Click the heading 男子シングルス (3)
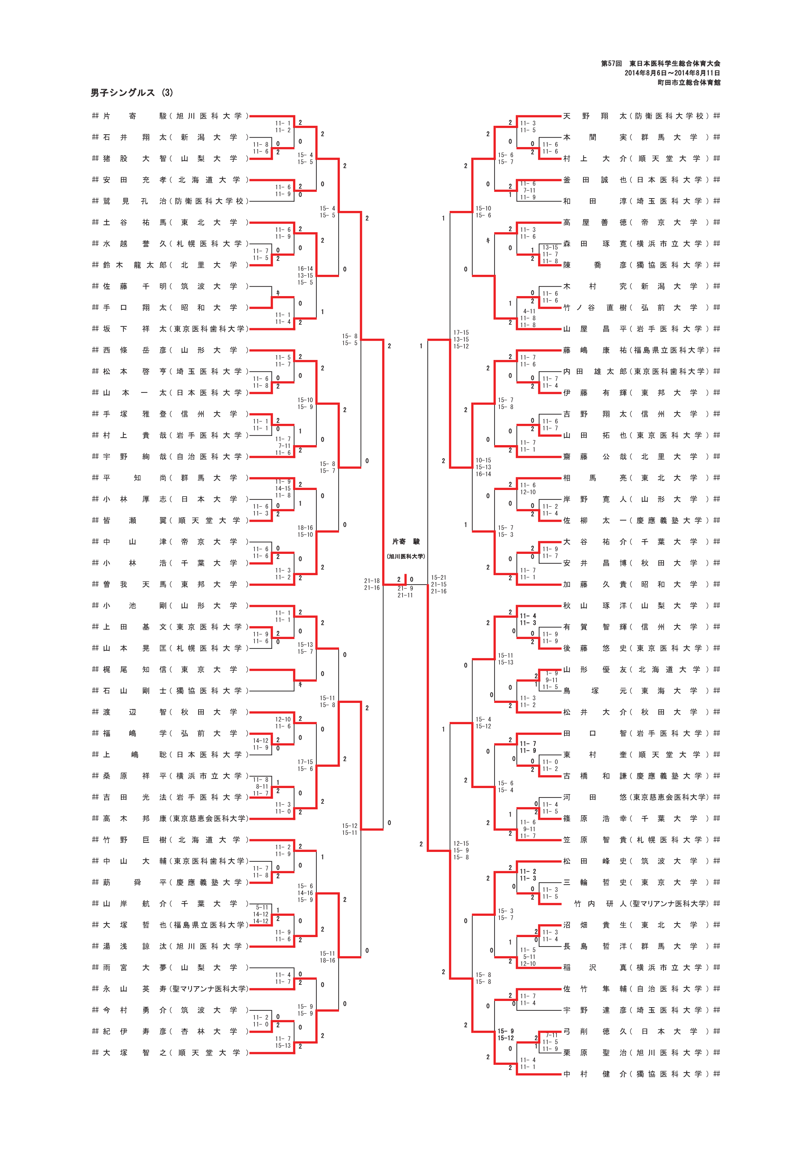coord(132,93)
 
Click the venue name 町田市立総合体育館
coord(689,83)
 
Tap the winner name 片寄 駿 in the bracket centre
coord(406,541)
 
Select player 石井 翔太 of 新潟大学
coord(170,137)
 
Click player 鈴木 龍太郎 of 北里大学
coord(170,265)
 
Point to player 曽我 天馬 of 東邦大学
coord(170,584)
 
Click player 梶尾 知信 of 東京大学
coord(170,669)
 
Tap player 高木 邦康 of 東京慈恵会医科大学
coord(170,818)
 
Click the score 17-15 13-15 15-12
coord(461,339)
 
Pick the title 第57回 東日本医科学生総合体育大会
coord(660,64)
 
